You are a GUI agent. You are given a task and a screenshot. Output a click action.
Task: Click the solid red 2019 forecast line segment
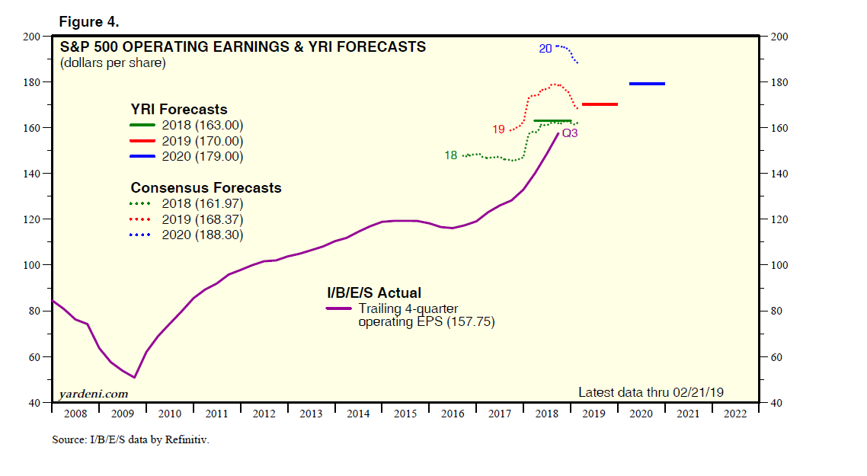599,104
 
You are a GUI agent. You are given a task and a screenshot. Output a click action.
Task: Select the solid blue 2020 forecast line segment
647,84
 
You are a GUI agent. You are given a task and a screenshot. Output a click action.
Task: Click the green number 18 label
450,155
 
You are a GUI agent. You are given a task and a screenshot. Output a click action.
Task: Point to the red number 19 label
498,129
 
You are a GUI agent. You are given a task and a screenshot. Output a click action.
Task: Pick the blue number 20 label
545,49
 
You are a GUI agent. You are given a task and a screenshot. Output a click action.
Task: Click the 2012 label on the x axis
264,414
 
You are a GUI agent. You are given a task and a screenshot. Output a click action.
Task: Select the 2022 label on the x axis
735,414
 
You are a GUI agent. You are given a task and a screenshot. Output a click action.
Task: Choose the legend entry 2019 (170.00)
202,141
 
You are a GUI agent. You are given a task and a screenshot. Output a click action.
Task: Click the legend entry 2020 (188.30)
202,235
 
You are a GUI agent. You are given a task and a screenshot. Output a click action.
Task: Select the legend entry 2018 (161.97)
202,203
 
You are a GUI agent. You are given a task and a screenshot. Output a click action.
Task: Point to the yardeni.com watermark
94,394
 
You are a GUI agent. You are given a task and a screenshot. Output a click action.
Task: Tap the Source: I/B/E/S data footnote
130,439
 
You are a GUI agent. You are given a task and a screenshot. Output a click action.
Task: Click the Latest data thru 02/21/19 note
651,392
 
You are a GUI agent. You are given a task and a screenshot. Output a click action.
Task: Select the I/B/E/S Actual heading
374,292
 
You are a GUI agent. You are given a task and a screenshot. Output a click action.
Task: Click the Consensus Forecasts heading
206,187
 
